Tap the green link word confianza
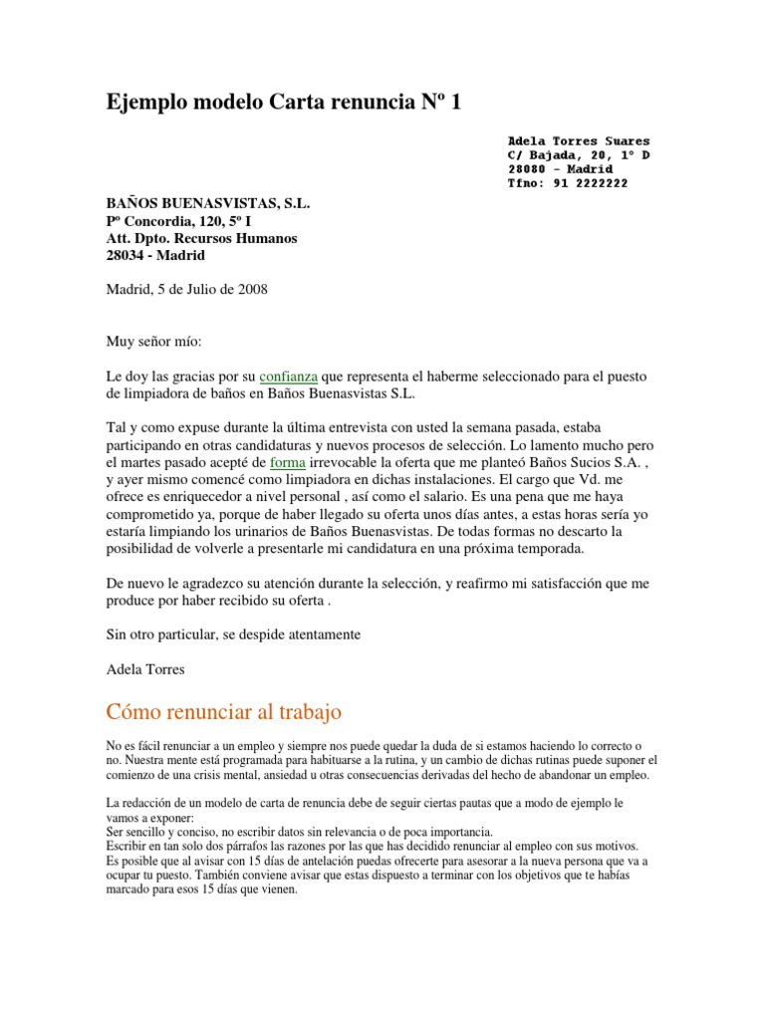288,378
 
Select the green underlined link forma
289,463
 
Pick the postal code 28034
127,256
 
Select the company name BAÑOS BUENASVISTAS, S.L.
208,204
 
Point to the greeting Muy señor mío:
153,342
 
